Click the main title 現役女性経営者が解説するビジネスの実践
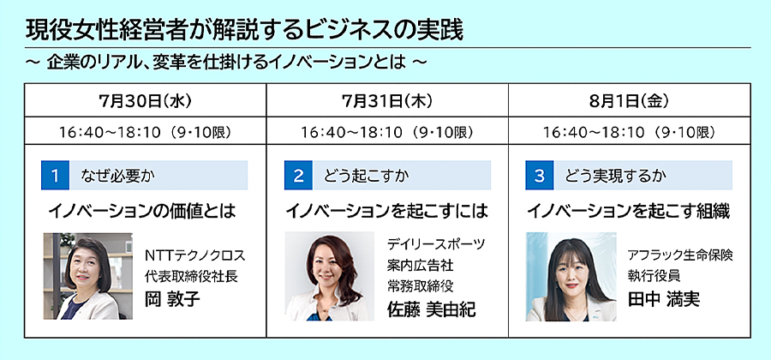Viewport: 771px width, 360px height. (244, 31)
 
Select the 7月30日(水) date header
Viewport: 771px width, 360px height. (145, 100)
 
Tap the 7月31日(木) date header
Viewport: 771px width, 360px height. (387, 100)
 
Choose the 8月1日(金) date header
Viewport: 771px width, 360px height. (630, 100)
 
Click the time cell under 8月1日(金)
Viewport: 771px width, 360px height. (630, 132)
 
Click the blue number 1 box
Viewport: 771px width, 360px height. (55, 175)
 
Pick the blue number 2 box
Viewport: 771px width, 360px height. (298, 175)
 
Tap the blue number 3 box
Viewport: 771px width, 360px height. (540, 175)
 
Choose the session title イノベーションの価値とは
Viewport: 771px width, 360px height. (142, 211)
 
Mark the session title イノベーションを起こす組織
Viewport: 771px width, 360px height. (629, 211)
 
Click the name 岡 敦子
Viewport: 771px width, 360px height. (172, 298)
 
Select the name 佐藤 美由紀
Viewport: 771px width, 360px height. (431, 309)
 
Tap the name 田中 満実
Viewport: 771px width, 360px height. (664, 298)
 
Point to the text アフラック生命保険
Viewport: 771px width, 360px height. (680, 255)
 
